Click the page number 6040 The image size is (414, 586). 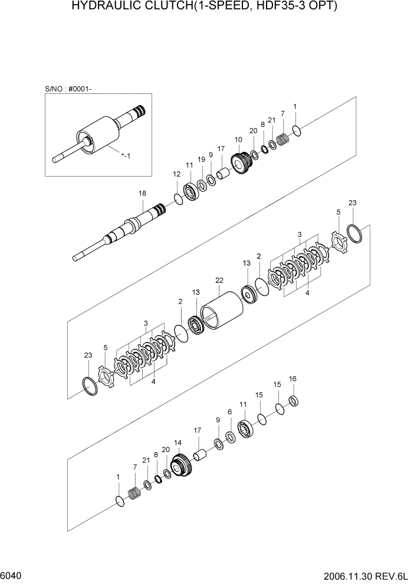point(11,575)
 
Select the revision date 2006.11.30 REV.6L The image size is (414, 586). point(366,576)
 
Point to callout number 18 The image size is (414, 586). point(142,193)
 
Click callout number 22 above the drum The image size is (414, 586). point(219,280)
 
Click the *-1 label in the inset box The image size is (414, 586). point(126,155)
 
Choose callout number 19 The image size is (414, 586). point(201,159)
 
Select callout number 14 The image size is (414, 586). point(178,442)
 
